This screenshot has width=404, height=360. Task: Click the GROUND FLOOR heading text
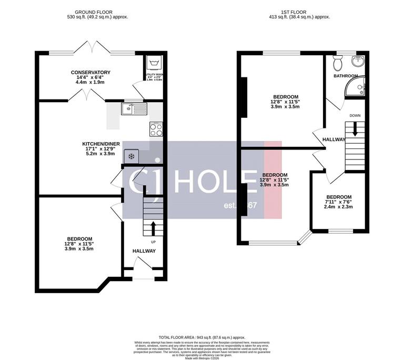(94, 12)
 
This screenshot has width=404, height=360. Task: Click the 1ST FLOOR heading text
(299, 12)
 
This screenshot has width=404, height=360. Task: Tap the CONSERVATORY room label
(90, 72)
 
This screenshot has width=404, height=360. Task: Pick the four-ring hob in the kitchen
(156, 128)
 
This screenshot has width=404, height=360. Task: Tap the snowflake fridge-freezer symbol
(131, 156)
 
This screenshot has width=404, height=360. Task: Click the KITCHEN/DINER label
(101, 144)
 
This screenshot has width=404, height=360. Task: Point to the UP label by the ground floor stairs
(153, 242)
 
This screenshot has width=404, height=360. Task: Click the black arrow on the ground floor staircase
(153, 227)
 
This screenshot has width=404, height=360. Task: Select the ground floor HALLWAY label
(144, 251)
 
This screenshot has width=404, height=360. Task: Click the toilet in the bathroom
(338, 63)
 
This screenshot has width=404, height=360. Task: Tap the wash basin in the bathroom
(359, 61)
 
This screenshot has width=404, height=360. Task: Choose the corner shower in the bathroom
(356, 89)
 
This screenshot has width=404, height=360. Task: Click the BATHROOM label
(346, 76)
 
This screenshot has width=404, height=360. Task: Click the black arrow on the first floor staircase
(355, 128)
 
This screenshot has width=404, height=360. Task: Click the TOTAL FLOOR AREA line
(202, 336)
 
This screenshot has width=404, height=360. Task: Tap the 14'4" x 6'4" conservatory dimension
(90, 77)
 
